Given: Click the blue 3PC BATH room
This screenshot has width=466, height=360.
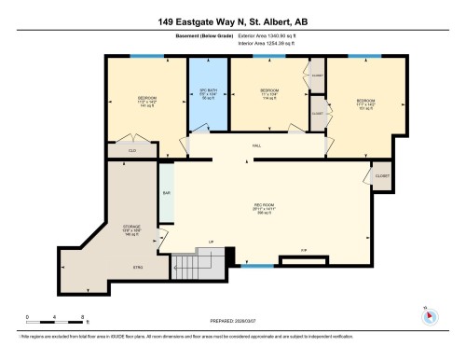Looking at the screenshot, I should click(208, 96).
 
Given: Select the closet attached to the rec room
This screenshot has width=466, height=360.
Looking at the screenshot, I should click(380, 174).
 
